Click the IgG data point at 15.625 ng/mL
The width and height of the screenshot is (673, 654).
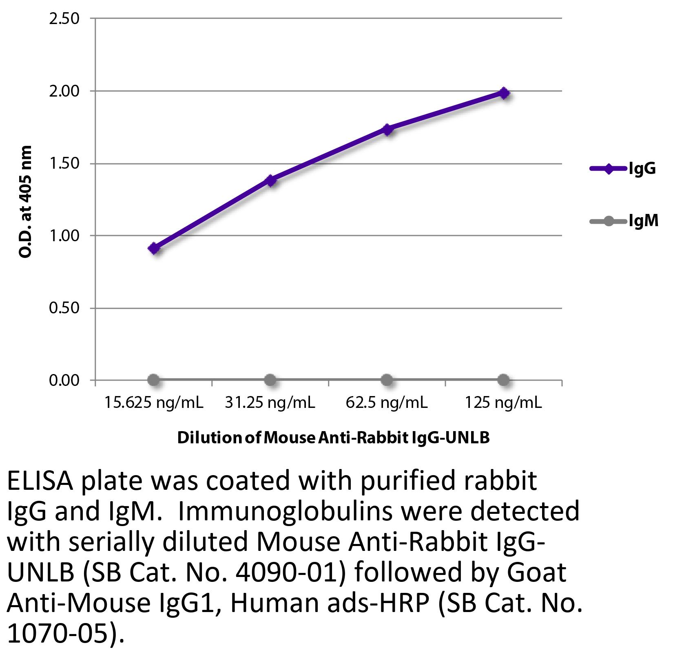point(154,248)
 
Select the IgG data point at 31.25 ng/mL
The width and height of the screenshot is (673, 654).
point(270,180)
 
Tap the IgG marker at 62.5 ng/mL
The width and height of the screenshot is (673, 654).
point(387,130)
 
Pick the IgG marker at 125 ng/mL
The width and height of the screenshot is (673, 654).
point(504,93)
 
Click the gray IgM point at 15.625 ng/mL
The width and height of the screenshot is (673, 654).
point(154,380)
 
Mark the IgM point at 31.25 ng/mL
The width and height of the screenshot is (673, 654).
point(270,380)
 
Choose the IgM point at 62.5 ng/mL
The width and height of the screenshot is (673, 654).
point(387,380)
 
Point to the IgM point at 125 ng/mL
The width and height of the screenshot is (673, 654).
point(504,380)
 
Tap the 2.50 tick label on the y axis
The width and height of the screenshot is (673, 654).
point(64,19)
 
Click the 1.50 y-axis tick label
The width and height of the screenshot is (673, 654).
point(64,164)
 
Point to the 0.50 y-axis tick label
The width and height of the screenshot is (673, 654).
point(64,308)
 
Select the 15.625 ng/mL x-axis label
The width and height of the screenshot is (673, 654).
point(154,403)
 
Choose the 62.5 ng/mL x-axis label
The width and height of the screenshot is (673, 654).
point(387,403)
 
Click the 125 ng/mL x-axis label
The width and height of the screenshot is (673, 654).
point(503,403)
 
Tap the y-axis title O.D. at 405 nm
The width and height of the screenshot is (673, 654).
point(25,201)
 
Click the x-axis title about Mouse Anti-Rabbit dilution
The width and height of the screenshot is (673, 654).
point(333,438)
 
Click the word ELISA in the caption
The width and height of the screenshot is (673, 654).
point(40,482)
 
